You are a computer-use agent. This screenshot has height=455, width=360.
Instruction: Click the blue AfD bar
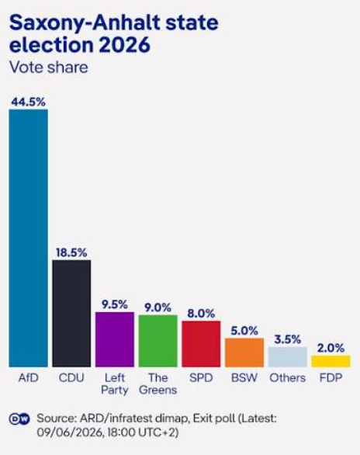(28, 238)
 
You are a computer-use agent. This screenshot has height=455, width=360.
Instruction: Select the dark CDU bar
(71, 314)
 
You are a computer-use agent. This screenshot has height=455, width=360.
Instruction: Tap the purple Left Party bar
(115, 339)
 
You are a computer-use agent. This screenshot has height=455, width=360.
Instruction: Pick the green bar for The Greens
(157, 341)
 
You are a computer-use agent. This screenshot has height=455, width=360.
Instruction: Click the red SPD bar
(201, 344)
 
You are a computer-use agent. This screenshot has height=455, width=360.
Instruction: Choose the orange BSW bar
(244, 353)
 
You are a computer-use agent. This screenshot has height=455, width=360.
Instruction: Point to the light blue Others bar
(288, 357)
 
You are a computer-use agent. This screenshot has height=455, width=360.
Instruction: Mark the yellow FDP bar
(331, 361)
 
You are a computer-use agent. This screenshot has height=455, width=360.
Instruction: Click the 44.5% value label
(28, 102)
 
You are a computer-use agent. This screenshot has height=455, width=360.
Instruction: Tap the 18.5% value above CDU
(71, 252)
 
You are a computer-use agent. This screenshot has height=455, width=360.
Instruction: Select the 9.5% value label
(115, 304)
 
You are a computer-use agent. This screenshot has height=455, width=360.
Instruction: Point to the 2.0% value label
(331, 348)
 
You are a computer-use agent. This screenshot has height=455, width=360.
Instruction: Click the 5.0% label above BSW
(244, 331)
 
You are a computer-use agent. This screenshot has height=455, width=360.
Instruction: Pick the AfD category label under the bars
(28, 378)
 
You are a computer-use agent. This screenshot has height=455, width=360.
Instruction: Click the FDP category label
(331, 378)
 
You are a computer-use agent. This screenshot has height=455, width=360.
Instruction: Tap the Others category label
(288, 378)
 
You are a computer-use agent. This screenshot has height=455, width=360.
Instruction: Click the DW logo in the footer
(19, 419)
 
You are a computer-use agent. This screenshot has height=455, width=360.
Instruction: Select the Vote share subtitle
(49, 68)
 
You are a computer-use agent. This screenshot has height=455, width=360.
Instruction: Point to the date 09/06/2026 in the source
(70, 432)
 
